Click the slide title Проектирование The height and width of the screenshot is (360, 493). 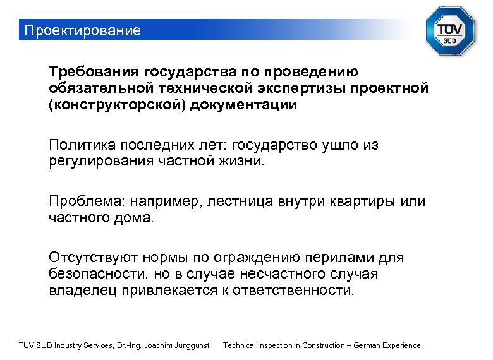pos(80,30)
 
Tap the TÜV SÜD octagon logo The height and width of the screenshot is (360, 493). pos(449,30)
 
